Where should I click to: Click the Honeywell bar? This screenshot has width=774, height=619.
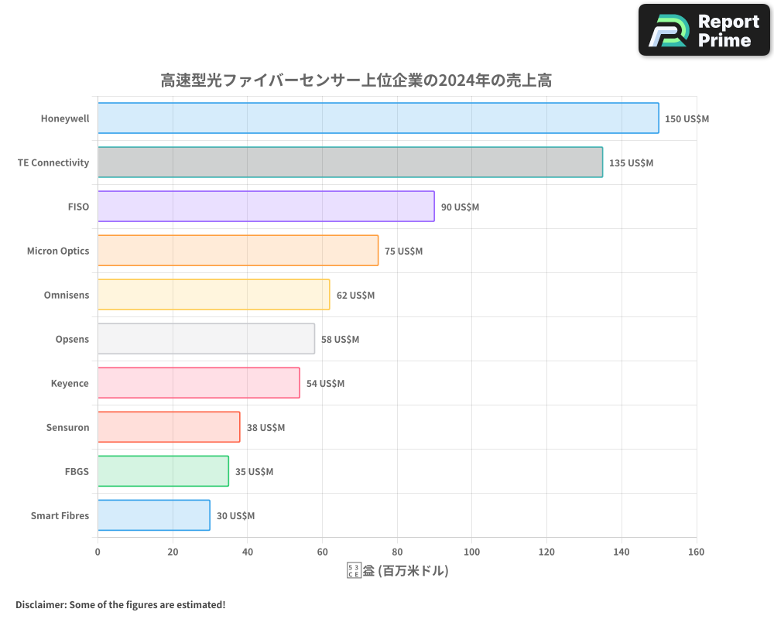pos(378,118)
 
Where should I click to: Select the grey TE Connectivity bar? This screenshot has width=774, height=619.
pos(350,162)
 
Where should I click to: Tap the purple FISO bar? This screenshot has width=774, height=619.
pos(265,207)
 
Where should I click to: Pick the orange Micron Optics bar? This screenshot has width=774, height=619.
pos(238,251)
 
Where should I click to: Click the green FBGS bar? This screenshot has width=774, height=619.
pos(163,471)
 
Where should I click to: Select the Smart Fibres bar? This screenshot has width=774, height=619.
pos(154,515)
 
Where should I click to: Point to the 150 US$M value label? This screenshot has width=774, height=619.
pos(687,119)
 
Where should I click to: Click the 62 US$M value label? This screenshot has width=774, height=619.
pos(355,296)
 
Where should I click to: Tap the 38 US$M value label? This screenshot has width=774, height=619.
pos(265,428)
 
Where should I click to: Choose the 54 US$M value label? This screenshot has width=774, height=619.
pos(325,384)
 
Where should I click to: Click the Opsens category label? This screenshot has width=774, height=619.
pos(72,340)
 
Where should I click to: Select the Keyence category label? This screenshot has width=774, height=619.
pos(70,384)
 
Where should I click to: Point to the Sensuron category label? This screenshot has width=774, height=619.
pos(67,428)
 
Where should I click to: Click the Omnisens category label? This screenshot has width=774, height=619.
pos(67,296)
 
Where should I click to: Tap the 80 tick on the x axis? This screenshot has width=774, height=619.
pos(397,552)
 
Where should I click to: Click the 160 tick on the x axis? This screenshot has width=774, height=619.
pos(696,552)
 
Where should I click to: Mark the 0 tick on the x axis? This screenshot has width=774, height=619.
pos(98,552)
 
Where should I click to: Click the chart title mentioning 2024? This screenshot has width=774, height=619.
pos(355,80)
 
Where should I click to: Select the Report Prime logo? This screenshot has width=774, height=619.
pos(704,30)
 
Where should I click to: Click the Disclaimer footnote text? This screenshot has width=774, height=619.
pos(121,604)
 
